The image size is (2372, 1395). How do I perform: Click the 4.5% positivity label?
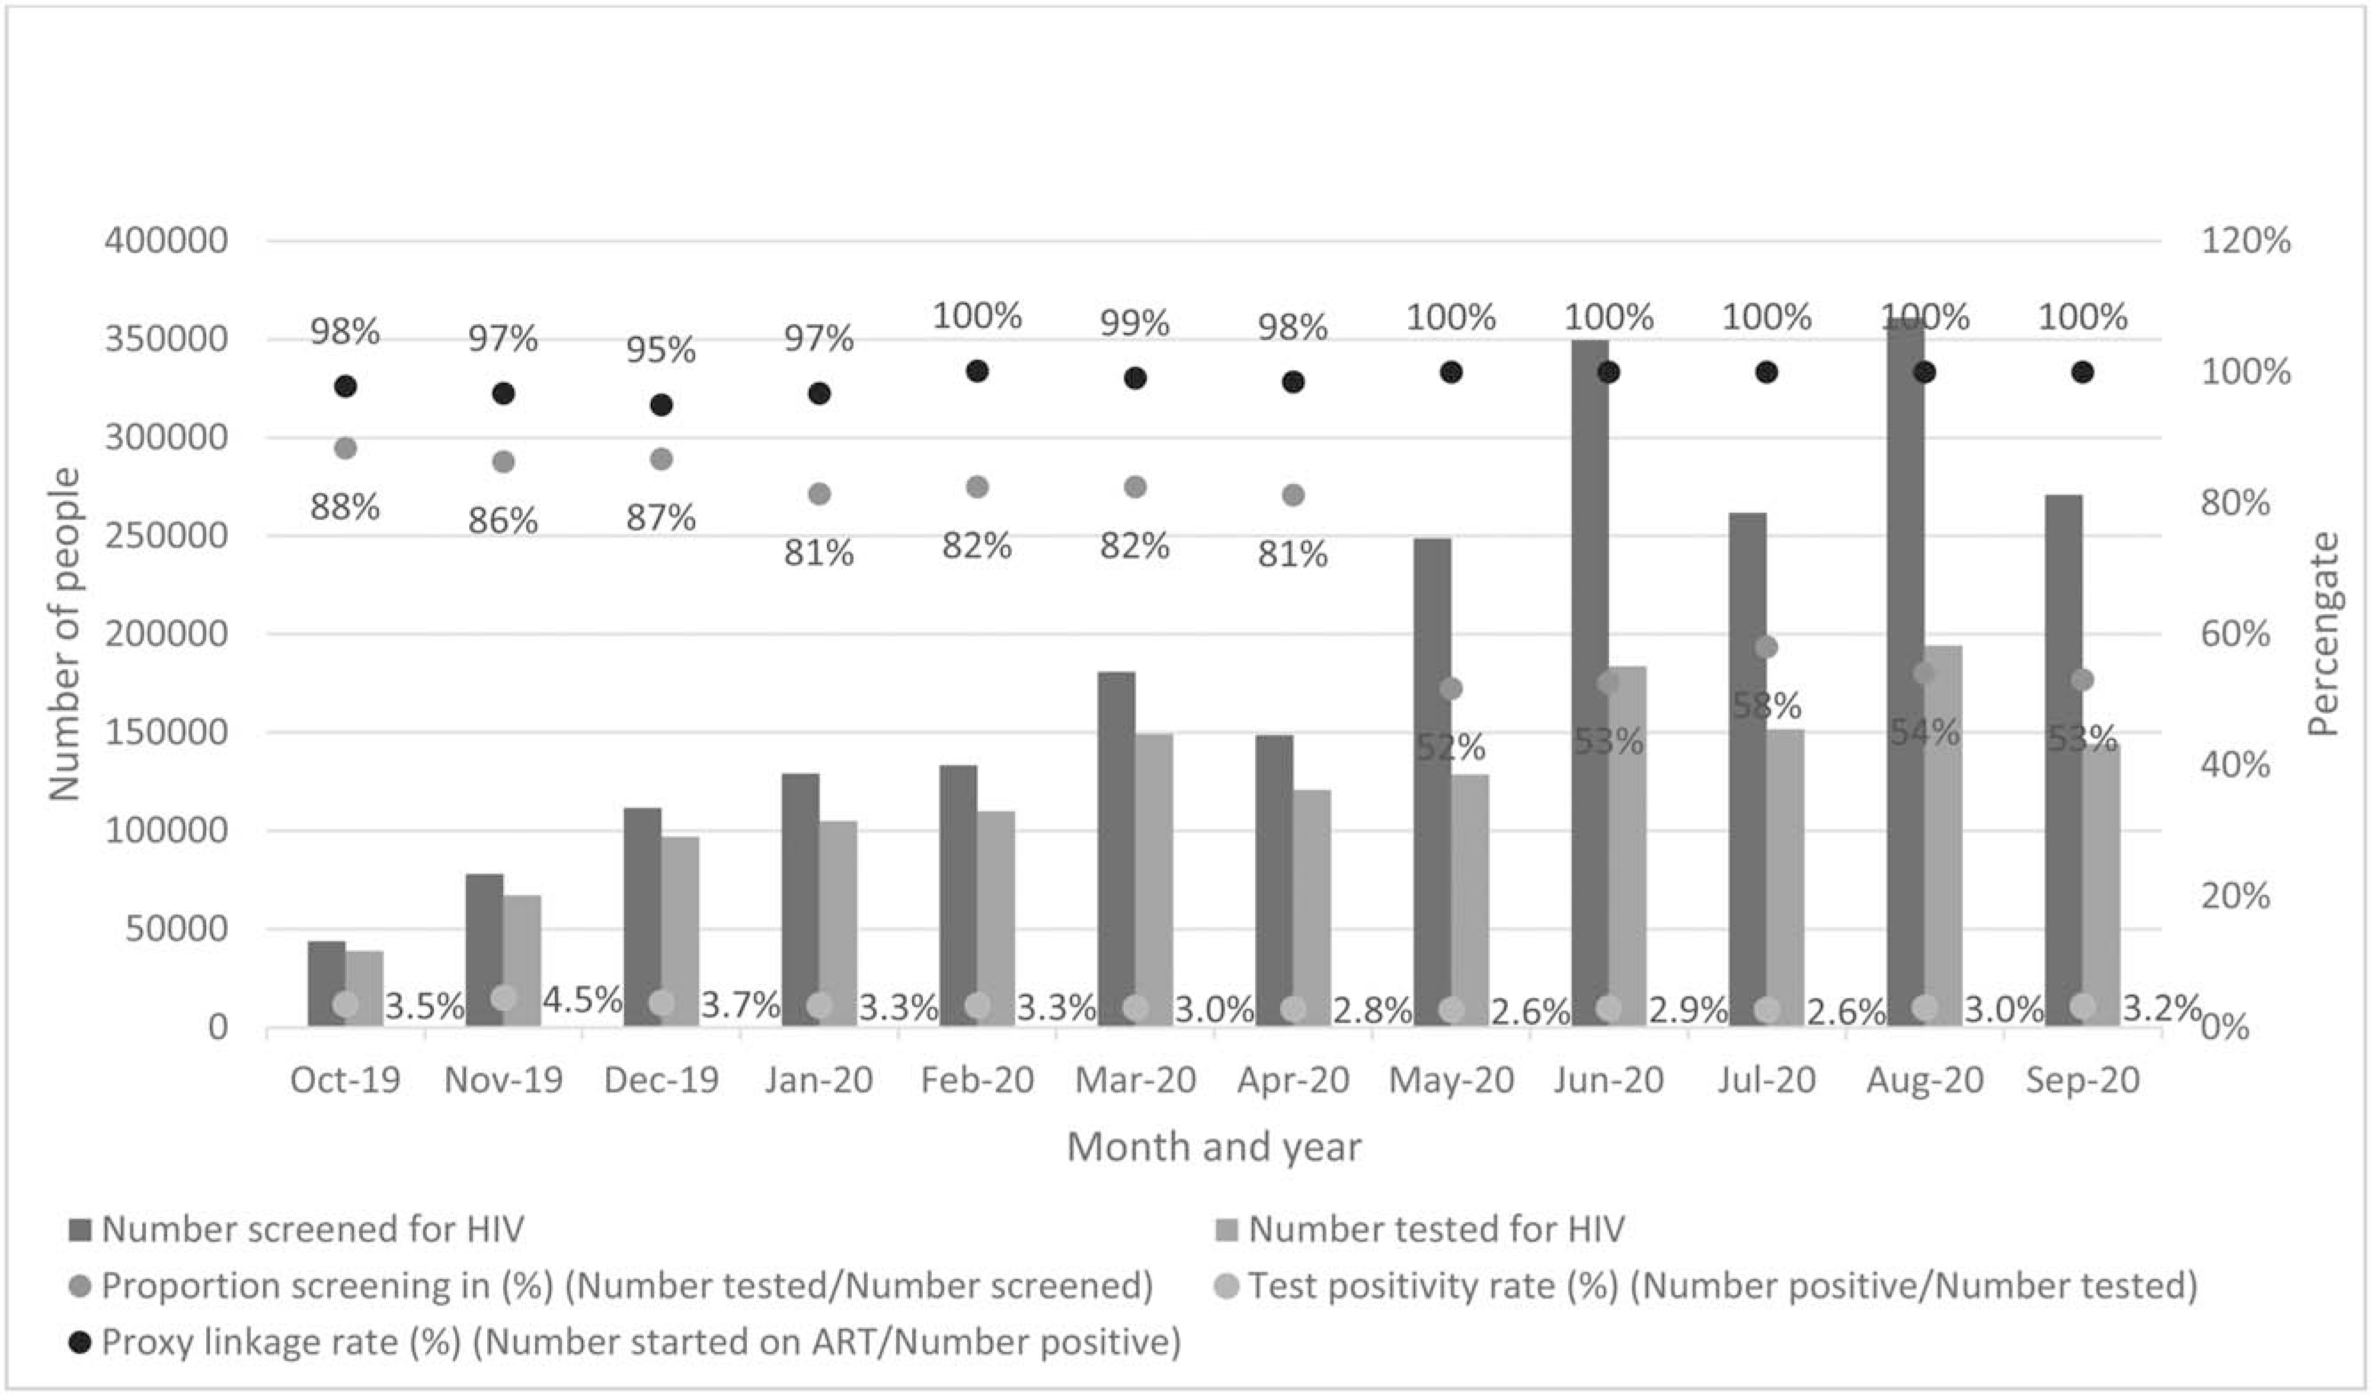click(581, 1000)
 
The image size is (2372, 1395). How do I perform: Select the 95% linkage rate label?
click(661, 351)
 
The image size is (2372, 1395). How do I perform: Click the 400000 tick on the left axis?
click(166, 241)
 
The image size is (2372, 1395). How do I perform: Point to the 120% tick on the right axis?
click(2245, 241)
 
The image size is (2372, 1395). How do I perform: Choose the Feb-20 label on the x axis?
click(977, 1080)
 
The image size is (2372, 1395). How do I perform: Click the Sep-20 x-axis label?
click(2082, 1080)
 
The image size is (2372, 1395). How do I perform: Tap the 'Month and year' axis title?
click(1213, 1147)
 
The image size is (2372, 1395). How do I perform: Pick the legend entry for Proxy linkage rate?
click(640, 1342)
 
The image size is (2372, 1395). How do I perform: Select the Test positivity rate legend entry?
click(1722, 1286)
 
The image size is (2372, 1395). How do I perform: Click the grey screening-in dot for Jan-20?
click(819, 493)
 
